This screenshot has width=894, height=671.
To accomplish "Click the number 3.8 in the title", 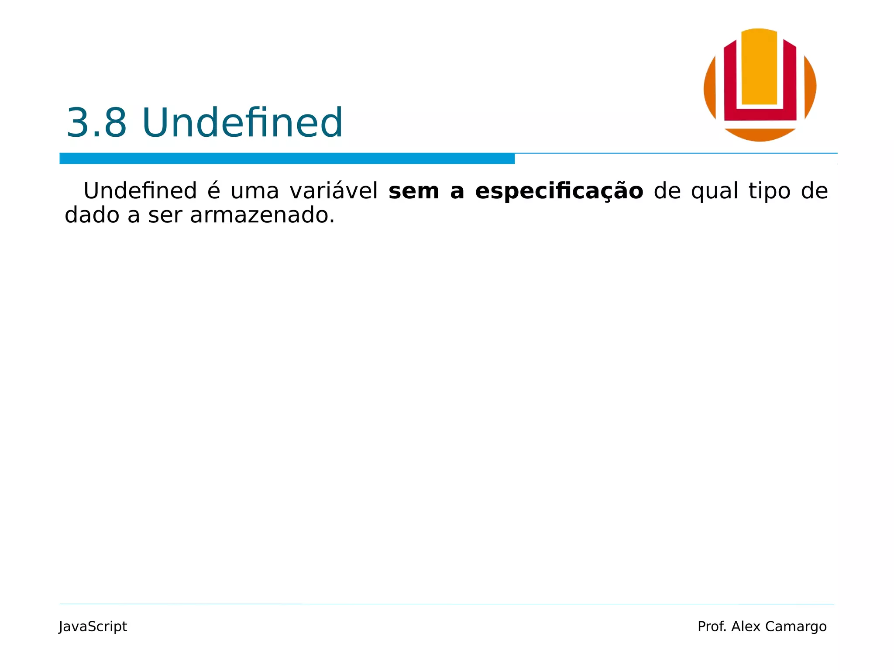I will point(96,123).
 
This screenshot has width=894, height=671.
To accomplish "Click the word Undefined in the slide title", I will point(242,123).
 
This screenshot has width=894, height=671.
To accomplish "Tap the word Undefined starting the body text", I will point(140,191).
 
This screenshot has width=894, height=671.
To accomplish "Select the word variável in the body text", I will point(334,191).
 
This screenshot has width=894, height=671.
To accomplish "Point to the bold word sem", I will point(413,192).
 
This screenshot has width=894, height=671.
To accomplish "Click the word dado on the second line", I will point(92,215).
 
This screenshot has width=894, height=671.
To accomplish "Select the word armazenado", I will point(262,215).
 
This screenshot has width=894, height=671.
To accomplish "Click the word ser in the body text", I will point(165,215).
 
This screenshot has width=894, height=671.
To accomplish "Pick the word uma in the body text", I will point(254,192).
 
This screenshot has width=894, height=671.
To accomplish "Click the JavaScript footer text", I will point(93,626).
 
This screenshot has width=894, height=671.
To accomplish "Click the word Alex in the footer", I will point(746,626).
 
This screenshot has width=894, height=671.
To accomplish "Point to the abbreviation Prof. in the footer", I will point(712,626).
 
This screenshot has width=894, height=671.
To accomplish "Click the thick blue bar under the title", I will point(287,159).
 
